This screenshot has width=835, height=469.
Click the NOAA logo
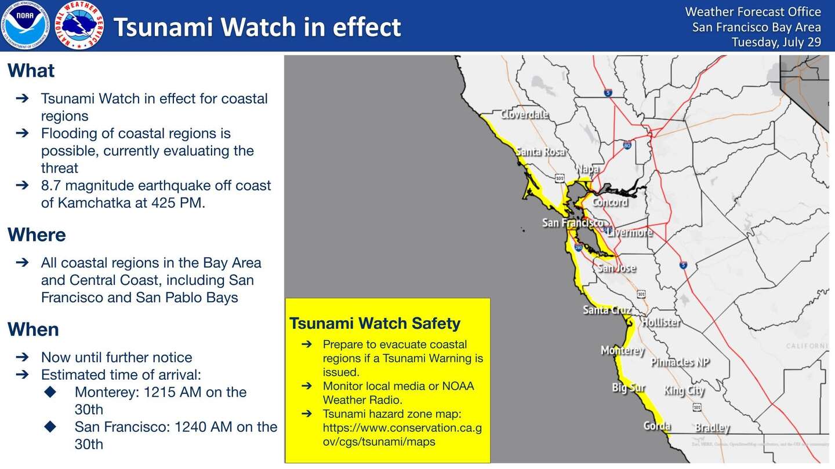pos(25,25)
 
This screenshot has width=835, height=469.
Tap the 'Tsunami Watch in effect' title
pos(257,27)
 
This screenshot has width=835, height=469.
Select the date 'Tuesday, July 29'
pos(776,42)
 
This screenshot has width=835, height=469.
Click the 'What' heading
pos(31,71)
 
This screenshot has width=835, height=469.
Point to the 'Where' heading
pos(37,235)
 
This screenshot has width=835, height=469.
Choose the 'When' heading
pos(33,329)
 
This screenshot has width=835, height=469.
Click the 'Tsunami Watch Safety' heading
pos(375,323)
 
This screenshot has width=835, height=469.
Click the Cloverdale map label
pos(524,115)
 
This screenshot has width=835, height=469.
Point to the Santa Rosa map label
pos(540,152)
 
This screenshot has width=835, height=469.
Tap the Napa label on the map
pos(587,169)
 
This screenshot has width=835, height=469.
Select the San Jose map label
pos(616,268)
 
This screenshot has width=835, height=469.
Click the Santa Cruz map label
pos(607,310)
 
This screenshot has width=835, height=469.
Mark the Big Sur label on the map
pos(629,388)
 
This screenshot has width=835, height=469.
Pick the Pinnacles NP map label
pos(680,362)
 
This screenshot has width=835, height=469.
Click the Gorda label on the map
pos(657,427)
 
